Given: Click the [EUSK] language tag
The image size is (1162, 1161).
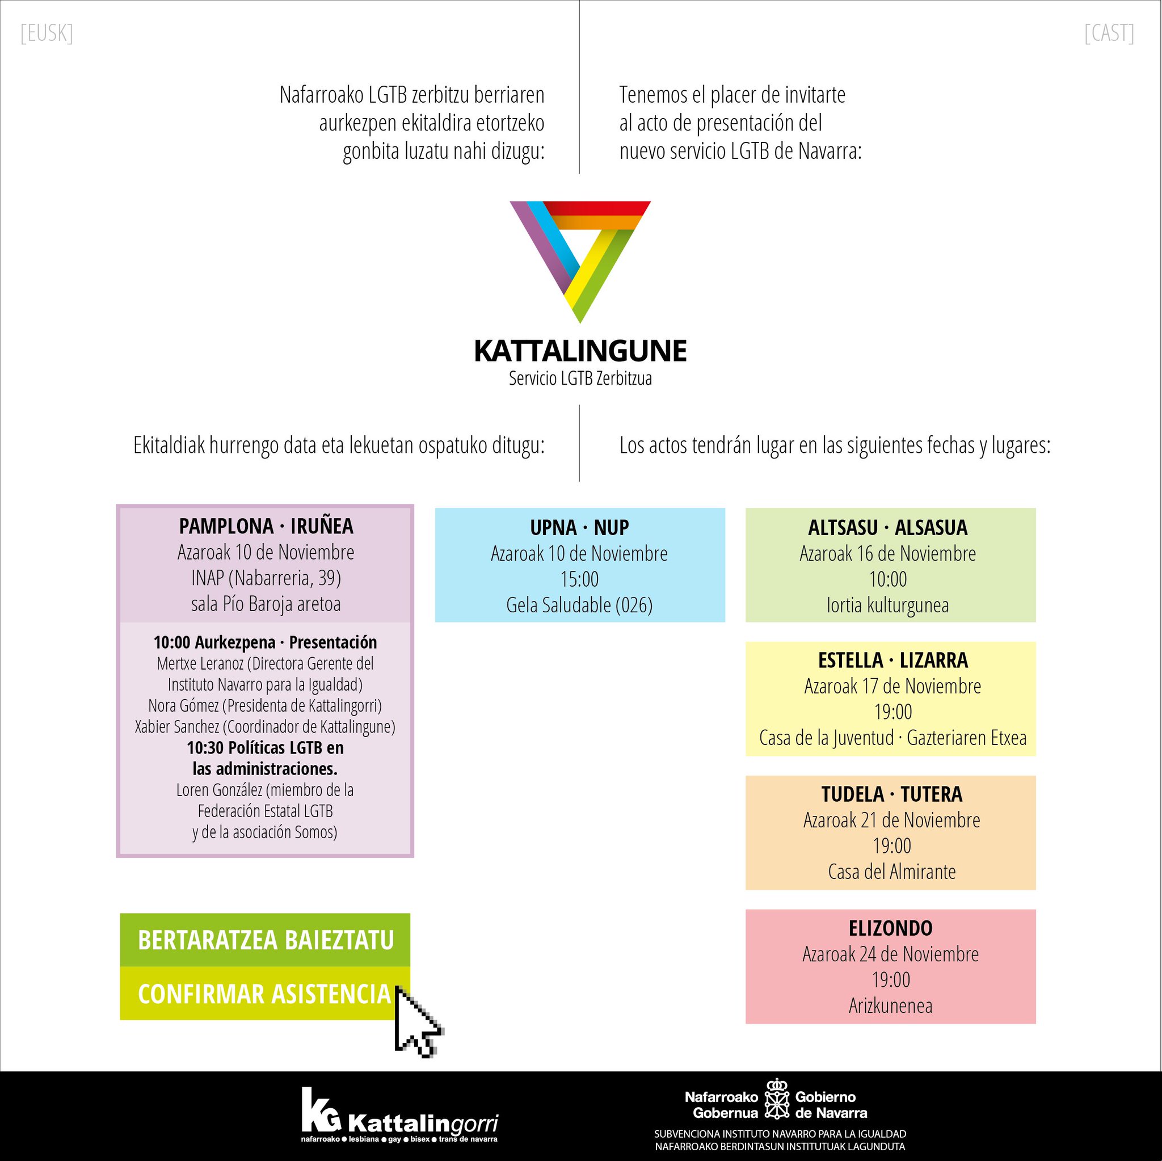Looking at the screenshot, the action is pyautogui.click(x=47, y=33).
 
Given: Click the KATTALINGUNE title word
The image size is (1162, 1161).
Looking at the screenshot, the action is pyautogui.click(x=580, y=351).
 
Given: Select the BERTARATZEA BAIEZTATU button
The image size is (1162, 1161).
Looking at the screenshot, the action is pyautogui.click(x=265, y=940).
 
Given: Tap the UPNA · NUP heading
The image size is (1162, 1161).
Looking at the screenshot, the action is pyautogui.click(x=579, y=528).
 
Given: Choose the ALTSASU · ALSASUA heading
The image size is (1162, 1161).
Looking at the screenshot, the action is pyautogui.click(x=888, y=528).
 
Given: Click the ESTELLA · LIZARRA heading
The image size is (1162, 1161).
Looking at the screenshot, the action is pyautogui.click(x=892, y=661).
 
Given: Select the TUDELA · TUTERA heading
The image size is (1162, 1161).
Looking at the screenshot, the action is pyautogui.click(x=891, y=794).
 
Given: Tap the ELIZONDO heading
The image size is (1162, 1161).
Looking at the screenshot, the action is pyautogui.click(x=890, y=928).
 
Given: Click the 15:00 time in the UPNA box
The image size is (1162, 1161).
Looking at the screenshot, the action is pyautogui.click(x=579, y=579).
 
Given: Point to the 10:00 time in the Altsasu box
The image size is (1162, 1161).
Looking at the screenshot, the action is pyautogui.click(x=888, y=579).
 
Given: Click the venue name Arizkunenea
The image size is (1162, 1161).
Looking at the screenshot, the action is pyautogui.click(x=890, y=1005).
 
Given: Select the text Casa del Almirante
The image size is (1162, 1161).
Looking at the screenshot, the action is pyautogui.click(x=891, y=872).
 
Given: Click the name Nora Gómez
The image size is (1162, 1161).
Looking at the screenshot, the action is pyautogui.click(x=183, y=705).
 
